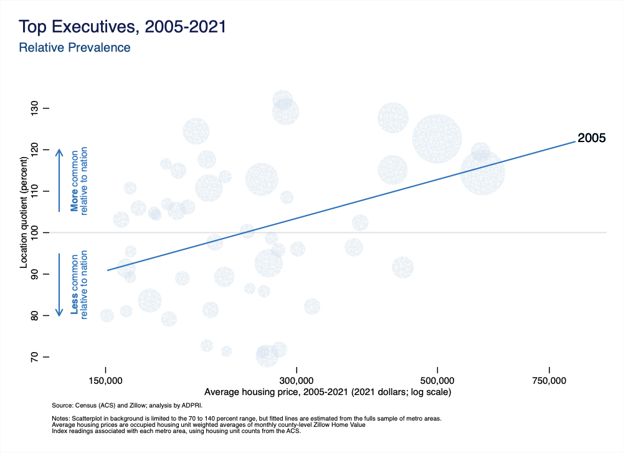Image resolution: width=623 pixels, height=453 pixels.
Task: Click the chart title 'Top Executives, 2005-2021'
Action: [122, 27]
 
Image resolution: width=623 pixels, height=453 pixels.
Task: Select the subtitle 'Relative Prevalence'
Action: [75, 47]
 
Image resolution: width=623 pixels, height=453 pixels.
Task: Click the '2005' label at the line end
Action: [592, 138]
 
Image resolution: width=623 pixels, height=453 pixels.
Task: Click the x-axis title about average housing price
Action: [327, 393]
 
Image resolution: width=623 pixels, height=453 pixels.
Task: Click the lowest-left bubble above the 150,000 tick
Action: [107, 315]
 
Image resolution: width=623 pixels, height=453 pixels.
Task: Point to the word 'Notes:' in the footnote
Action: [61, 418]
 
